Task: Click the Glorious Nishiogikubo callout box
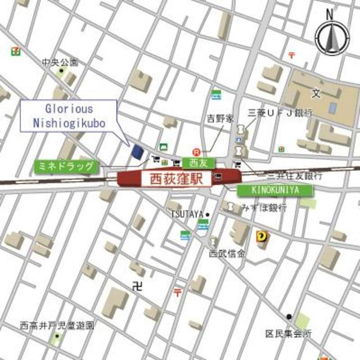(69, 116)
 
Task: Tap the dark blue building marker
(137, 151)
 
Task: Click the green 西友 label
(195, 163)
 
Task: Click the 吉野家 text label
(218, 119)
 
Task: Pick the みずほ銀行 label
(264, 208)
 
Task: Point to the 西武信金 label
(227, 254)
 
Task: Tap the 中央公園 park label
(60, 62)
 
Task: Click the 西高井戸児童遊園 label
(56, 325)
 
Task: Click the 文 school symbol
(316, 92)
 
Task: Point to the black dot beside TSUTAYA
(207, 214)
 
